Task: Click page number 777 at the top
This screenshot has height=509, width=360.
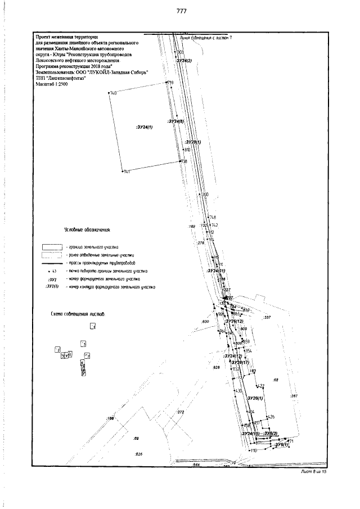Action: (181, 11)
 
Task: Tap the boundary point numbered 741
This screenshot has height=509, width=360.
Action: (122, 171)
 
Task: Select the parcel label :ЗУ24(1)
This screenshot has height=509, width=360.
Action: (145, 127)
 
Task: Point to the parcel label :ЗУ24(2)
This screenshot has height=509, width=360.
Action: (184, 61)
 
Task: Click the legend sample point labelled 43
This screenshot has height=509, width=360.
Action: (49, 271)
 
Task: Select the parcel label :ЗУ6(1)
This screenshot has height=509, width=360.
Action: (281, 445)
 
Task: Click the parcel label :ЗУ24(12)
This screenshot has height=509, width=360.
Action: (232, 356)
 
